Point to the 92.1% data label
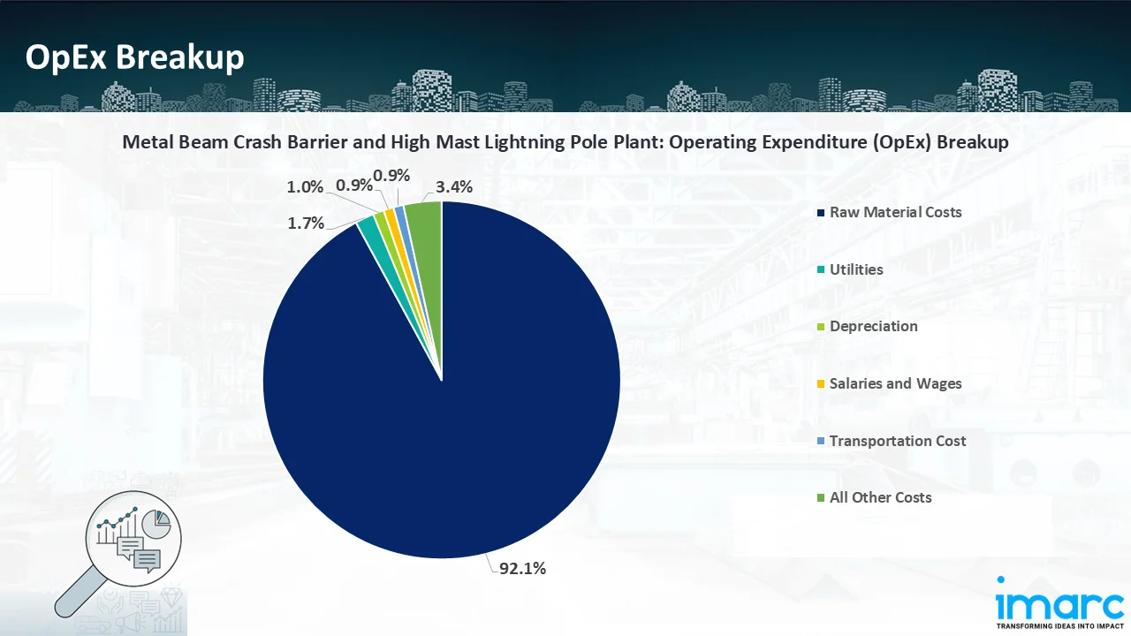click(x=522, y=569)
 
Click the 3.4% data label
click(x=454, y=186)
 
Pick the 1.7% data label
click(x=306, y=223)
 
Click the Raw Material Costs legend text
click(x=895, y=212)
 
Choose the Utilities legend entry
click(x=856, y=269)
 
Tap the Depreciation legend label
click(x=873, y=326)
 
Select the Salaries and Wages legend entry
click(x=895, y=383)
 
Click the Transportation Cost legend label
click(x=898, y=441)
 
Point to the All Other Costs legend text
click(x=880, y=497)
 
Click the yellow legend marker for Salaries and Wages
click(x=821, y=384)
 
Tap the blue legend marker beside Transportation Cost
click(x=821, y=441)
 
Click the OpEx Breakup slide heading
click(x=134, y=57)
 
